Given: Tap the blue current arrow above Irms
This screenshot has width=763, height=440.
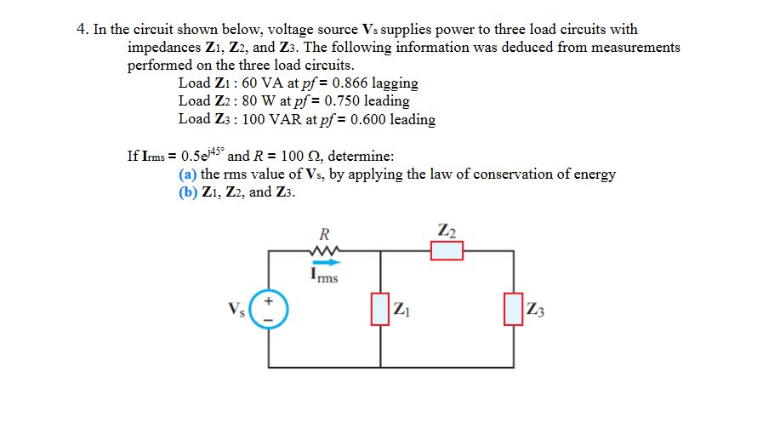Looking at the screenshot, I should click(x=324, y=263).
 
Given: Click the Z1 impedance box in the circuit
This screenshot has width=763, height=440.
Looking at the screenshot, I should click(x=380, y=308).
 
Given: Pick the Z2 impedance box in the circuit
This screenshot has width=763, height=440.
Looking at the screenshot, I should click(x=447, y=251).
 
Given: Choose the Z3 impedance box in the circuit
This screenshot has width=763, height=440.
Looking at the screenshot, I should click(x=513, y=308).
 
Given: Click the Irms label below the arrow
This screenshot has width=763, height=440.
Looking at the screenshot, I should click(x=324, y=276).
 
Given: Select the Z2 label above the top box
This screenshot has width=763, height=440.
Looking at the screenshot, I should click(x=447, y=230).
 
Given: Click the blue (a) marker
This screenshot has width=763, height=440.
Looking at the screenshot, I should click(x=187, y=174).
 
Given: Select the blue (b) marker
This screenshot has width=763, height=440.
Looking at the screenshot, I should click(x=187, y=191).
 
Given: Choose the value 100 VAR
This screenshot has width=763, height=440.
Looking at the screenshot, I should click(x=269, y=120).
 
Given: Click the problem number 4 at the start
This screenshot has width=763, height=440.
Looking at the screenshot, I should click(x=81, y=29).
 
